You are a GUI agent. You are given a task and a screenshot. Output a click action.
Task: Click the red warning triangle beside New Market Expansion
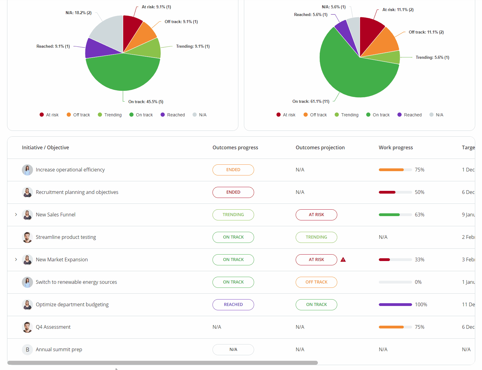(343, 259)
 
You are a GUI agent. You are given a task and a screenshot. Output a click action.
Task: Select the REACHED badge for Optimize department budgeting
(233, 304)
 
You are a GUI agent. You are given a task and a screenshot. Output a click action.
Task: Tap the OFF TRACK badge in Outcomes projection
(316, 282)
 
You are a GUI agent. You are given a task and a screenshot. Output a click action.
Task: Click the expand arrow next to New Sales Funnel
(16, 215)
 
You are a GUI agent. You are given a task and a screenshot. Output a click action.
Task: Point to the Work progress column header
(395, 147)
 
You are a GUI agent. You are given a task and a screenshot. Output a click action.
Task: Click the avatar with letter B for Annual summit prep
(27, 349)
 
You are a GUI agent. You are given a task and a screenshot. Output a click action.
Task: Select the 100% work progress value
(421, 304)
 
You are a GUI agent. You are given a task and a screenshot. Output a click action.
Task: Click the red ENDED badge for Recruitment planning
(233, 192)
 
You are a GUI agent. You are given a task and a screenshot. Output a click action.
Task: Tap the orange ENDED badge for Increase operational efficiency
(233, 170)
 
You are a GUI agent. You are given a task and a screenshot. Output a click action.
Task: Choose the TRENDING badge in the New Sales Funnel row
(233, 215)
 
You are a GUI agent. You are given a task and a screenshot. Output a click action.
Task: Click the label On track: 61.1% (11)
(311, 101)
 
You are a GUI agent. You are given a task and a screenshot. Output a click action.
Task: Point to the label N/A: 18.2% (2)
(78, 13)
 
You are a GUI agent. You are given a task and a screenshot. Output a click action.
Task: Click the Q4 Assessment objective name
(53, 327)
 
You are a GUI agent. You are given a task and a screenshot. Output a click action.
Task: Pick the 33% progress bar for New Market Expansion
(395, 259)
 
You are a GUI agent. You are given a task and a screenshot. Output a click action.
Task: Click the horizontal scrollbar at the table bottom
(162, 363)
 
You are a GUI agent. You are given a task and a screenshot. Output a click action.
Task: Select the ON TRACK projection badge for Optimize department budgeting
(316, 304)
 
